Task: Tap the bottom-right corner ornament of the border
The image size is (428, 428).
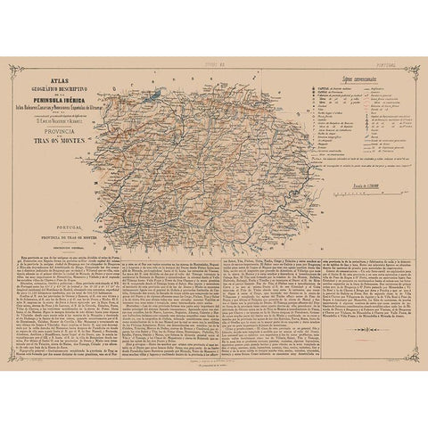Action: pyautogui.click(x=399, y=368)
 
